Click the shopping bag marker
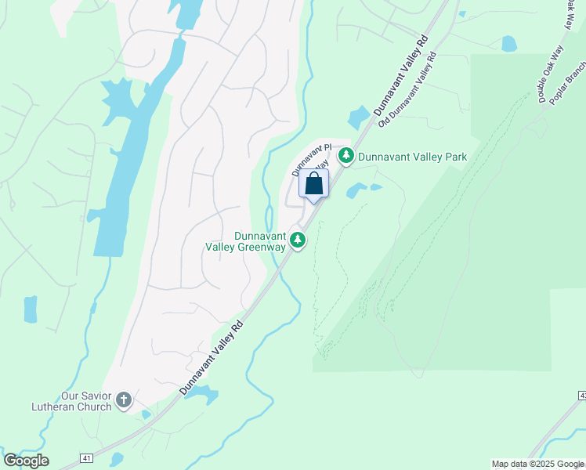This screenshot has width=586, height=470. [x=313, y=185]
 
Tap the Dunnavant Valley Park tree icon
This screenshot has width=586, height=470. [x=345, y=157]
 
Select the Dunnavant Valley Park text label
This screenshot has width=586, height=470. [x=412, y=157]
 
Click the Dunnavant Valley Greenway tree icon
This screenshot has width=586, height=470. [x=297, y=240]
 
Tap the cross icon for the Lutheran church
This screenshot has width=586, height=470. [x=123, y=401]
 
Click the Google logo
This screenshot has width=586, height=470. [x=26, y=461]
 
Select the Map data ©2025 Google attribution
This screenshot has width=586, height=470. [x=537, y=464]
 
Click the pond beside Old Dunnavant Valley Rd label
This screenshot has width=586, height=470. [x=359, y=117]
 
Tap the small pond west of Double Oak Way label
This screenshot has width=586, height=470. [x=509, y=44]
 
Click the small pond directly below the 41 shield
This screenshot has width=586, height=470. [x=117, y=459]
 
